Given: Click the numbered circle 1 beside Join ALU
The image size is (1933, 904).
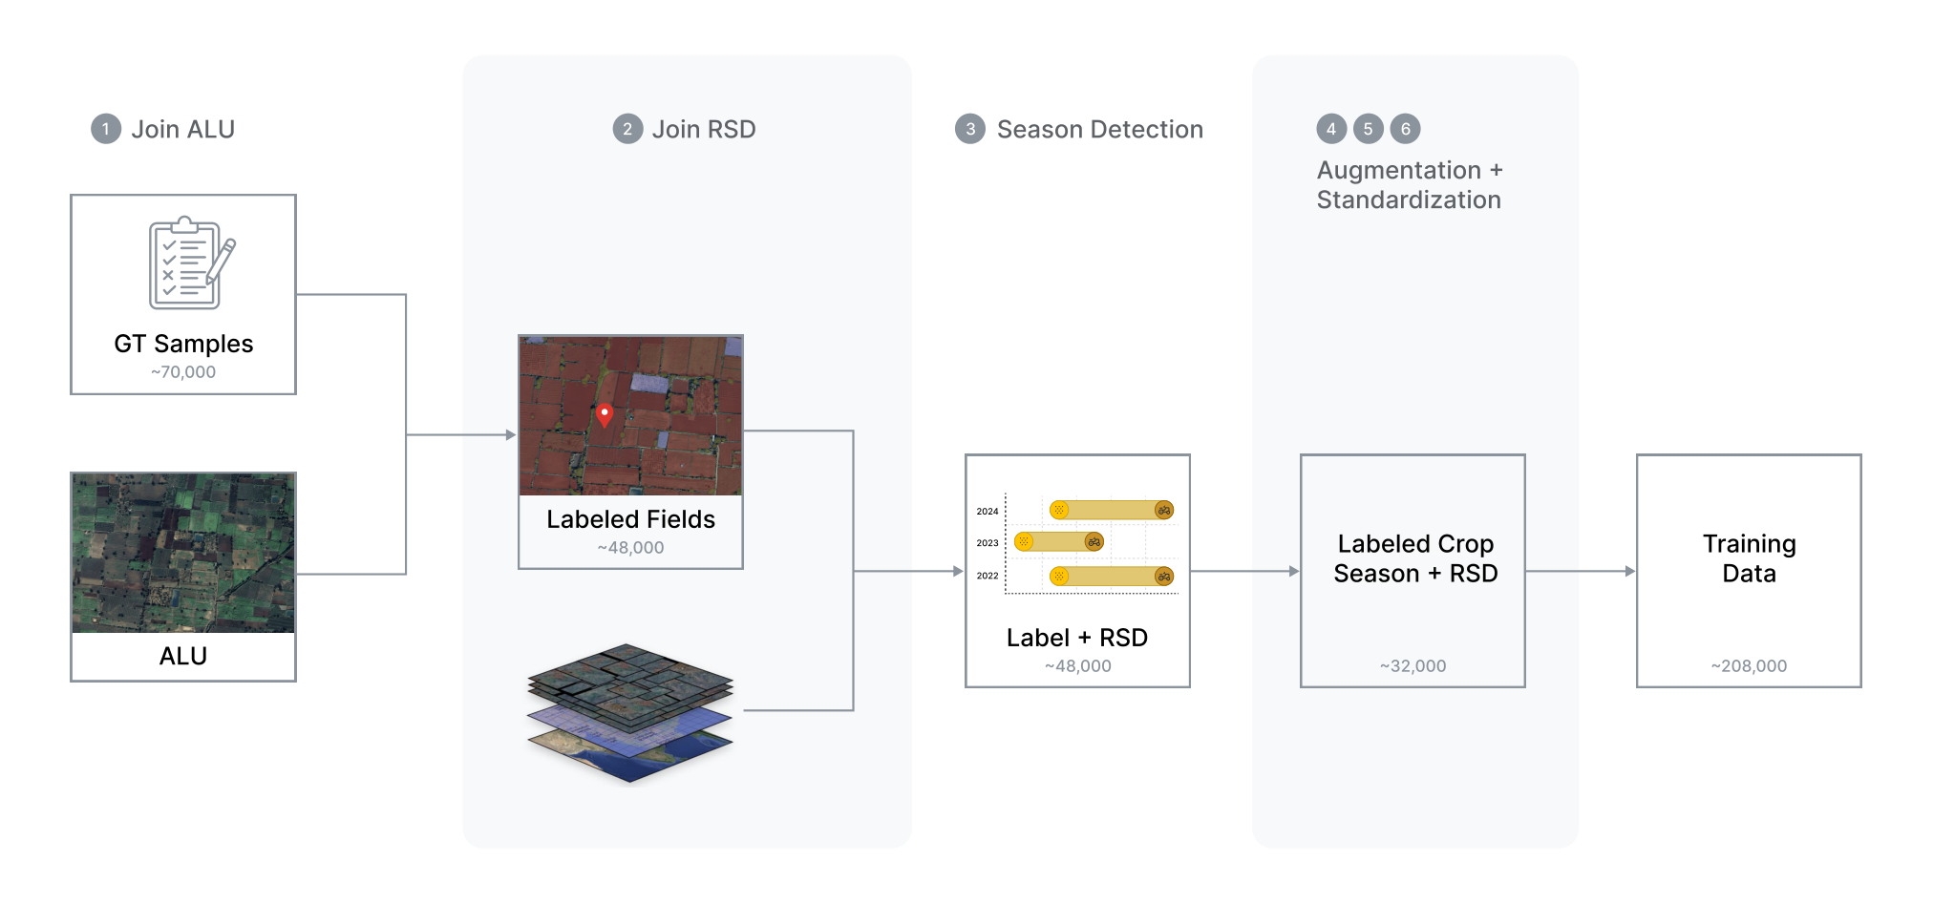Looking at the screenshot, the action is pos(106,129).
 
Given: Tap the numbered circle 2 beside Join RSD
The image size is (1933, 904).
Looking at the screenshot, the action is pos(627,129).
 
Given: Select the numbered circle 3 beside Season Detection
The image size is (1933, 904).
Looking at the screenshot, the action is pos(970,129).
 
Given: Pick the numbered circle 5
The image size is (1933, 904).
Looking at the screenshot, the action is pos(1368,129).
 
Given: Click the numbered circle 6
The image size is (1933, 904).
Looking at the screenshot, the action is pos(1405,129).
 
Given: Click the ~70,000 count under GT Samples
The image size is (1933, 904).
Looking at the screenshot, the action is pos(183,372).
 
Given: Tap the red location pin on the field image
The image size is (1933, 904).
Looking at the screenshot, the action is pos(605,414).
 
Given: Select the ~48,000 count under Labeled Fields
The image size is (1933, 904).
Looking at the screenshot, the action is pos(630,548).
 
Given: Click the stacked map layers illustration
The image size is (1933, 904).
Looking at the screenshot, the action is pos(630,712).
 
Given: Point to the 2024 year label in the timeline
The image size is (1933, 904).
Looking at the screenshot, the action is pos(988,511).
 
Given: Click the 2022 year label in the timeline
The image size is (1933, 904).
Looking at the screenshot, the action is pos(988,576).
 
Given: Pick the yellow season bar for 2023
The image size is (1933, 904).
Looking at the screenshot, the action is pos(1059,542).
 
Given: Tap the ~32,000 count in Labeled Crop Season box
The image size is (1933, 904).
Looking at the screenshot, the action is pos(1413,666).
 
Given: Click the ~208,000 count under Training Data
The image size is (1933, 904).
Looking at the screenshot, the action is pos(1749,666).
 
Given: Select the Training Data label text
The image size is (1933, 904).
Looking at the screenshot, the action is pos(1750,558).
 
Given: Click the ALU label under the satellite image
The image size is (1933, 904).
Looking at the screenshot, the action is pos(183,656).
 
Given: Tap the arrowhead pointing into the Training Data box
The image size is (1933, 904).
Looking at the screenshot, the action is pos(1630,571).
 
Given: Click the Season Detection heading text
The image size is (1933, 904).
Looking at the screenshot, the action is pos(1100,129).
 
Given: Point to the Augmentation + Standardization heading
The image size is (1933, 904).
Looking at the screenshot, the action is pos(1410,185).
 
